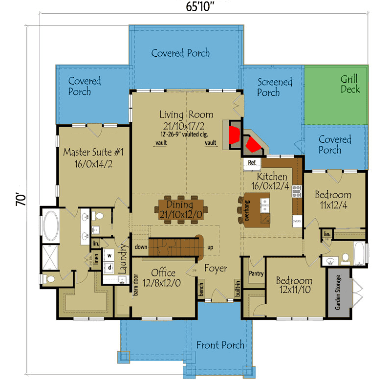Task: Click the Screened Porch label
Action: click(275, 87)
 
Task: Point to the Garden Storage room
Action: click(338, 292)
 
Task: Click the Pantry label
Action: click(257, 273)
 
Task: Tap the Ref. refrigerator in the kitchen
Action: click(253, 162)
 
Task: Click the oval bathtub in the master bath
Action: click(50, 225)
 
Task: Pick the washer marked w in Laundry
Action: click(109, 255)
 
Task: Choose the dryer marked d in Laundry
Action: click(110, 268)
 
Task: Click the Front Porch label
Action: click(220, 345)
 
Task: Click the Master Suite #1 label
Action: click(93, 158)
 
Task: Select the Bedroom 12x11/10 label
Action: click(294, 286)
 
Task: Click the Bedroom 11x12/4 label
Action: click(333, 200)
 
